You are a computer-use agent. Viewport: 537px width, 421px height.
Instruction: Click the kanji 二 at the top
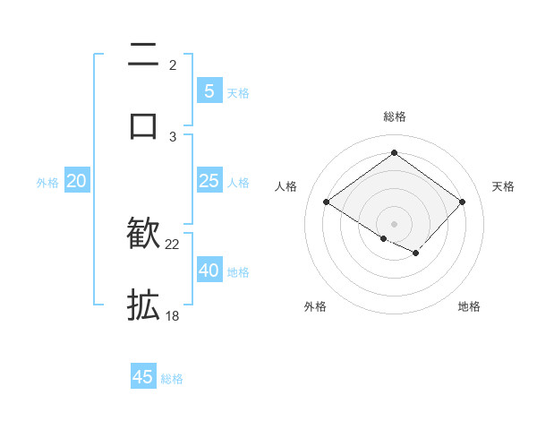143,56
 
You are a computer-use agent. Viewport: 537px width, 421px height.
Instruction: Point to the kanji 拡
143,304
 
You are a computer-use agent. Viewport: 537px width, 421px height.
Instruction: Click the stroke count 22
173,245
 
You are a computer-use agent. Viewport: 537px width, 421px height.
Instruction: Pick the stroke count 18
173,315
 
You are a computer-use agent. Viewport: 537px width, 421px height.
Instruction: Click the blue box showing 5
209,91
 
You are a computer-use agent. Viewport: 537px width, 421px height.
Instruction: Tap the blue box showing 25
209,181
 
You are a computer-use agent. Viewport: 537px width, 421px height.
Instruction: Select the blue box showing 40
209,271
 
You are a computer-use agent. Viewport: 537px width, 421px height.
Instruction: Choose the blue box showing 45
143,377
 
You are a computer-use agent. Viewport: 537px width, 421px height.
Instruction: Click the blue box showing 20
77,181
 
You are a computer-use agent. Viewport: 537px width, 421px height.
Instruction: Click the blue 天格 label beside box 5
238,93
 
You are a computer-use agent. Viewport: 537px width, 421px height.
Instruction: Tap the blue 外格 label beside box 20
47,183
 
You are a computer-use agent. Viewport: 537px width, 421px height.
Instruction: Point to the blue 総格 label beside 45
172,379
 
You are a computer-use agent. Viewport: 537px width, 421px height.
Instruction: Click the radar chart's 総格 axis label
394,116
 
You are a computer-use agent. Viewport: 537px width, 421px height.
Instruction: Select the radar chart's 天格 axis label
504,186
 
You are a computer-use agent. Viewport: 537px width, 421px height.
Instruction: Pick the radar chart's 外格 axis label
315,306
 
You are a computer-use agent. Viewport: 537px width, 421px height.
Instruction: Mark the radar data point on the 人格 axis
327,202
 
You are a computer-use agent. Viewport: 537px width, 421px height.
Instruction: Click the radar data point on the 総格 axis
394,152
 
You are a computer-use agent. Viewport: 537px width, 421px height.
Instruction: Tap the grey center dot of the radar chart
394,223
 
